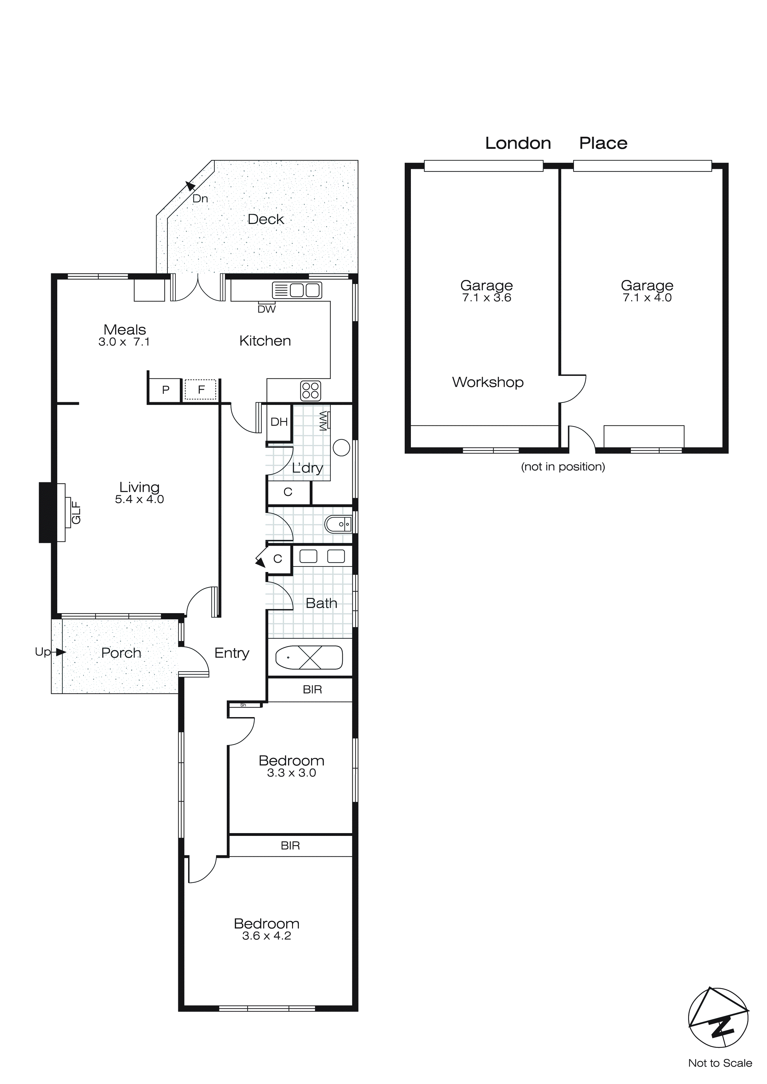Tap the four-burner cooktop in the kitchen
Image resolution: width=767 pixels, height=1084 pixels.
tap(310, 390)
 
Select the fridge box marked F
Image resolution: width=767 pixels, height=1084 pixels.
tap(201, 390)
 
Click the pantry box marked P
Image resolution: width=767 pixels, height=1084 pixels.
tap(165, 390)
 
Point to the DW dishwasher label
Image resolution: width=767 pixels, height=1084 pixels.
tap(266, 309)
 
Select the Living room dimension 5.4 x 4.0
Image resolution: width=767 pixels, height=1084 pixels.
tap(139, 500)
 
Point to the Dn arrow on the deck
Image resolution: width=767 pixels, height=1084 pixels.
tap(190, 186)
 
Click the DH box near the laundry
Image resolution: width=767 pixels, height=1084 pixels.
tap(279, 422)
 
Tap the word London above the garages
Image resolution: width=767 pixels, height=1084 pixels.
tap(518, 143)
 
